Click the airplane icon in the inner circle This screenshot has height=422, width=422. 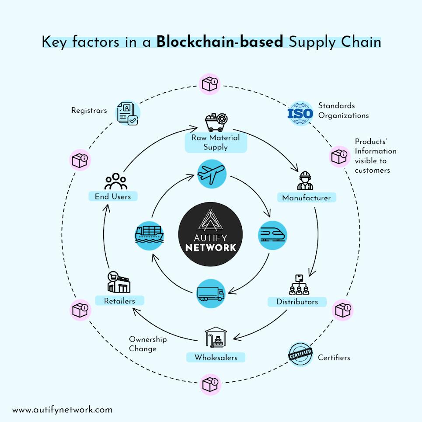click(211, 174)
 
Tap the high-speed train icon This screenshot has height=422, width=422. click(272, 235)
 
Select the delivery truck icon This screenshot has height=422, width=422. click(211, 293)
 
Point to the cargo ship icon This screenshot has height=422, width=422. click(150, 235)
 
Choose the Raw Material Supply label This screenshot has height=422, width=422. click(216, 143)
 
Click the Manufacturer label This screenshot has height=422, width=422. click(307, 198)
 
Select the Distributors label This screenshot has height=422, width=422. click(297, 302)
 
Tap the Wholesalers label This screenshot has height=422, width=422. click(216, 357)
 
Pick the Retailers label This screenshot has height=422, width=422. click(119, 301)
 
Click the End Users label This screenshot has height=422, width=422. click(113, 197)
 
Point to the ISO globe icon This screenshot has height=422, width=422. click(300, 113)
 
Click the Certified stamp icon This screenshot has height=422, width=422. click(300, 354)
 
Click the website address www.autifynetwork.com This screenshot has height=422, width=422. click(62, 410)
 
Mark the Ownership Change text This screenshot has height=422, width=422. click(147, 344)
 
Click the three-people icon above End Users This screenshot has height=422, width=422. click(116, 181)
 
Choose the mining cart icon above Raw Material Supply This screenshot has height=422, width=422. click(215, 122)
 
